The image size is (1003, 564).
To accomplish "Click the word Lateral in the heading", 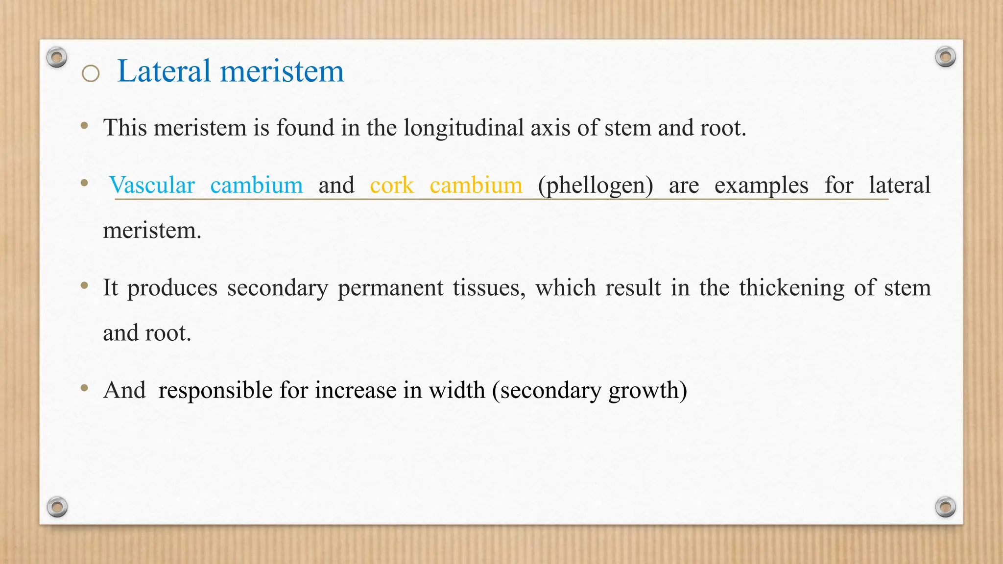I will (164, 71).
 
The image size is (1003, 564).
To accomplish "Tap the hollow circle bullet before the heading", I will (91, 74).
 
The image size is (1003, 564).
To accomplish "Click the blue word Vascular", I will (152, 185).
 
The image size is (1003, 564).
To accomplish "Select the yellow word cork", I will (392, 185).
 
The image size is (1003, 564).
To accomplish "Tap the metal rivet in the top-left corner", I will (57, 57).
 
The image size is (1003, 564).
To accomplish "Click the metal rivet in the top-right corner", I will (945, 57).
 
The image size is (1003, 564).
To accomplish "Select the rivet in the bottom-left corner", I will (57, 507).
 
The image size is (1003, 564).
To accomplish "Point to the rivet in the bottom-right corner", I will (945, 507).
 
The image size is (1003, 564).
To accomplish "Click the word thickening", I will (791, 288).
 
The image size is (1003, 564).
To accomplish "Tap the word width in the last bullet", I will (456, 390).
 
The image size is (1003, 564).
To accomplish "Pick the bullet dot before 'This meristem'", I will (85, 126).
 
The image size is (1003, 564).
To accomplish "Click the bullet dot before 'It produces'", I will (85, 285).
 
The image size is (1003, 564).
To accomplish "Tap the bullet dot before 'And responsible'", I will (85, 388).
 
